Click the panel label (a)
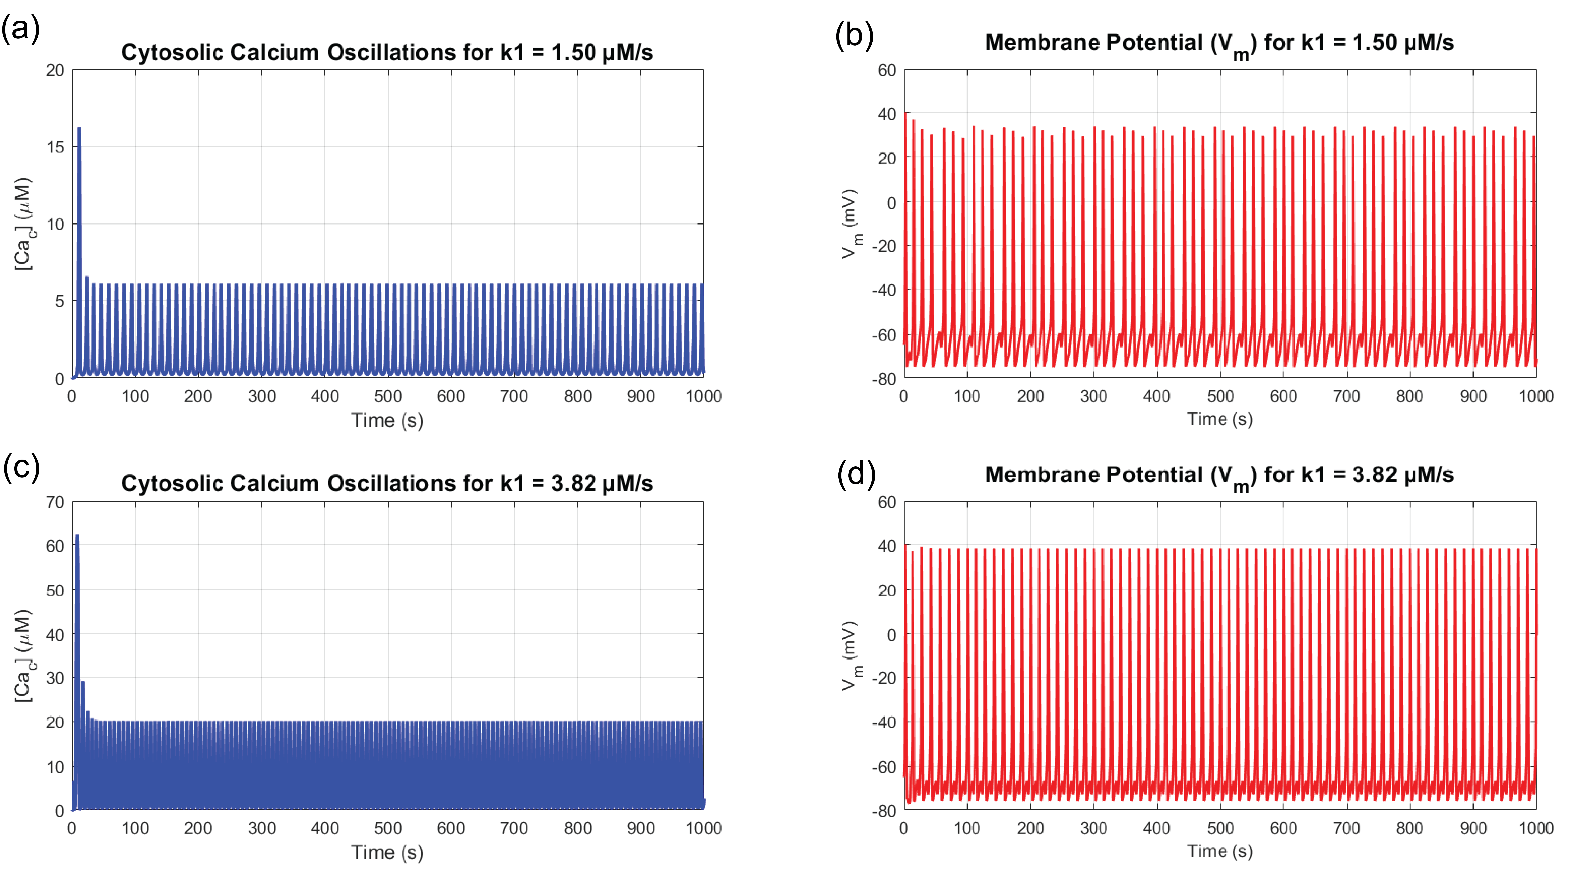pyautogui.click(x=21, y=29)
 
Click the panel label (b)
pyautogui.click(x=854, y=36)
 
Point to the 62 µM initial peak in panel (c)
pyautogui.click(x=76, y=537)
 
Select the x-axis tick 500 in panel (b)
pyautogui.click(x=1220, y=396)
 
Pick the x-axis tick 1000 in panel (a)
pyautogui.click(x=703, y=396)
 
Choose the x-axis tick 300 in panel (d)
pyautogui.click(x=1093, y=828)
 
